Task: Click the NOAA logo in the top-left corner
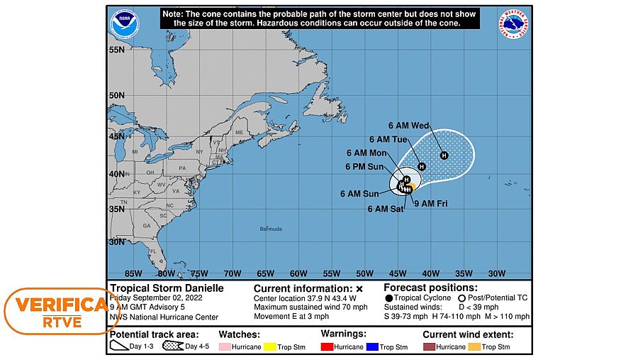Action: pos(125,24)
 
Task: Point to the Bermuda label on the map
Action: pos(271,229)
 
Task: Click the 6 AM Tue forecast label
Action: pos(388,139)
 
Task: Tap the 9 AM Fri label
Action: pos(432,204)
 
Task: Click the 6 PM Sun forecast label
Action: pos(364,167)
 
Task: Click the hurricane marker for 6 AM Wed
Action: pos(444,156)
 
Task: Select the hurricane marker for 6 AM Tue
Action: pos(421,166)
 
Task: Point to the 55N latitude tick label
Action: pos(117,50)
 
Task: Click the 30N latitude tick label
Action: pos(117,242)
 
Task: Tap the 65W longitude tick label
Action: pos(265,273)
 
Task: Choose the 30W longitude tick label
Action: pos(496,273)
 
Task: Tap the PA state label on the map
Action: pos(182,168)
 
